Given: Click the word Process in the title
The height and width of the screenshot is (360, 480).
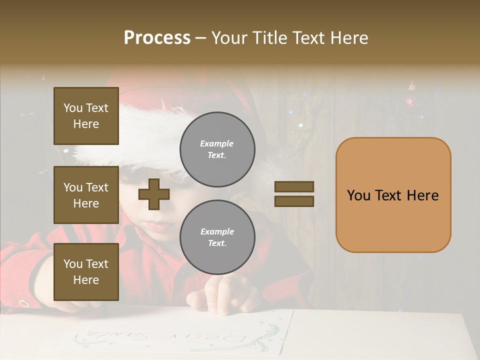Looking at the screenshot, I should [157, 38].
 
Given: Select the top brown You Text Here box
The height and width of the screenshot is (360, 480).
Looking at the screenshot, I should [86, 116].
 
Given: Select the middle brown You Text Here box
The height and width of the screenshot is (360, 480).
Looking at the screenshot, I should [86, 195].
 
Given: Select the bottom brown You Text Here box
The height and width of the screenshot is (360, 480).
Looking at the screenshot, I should [86, 271].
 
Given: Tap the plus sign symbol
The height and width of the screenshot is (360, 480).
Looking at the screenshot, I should [154, 194].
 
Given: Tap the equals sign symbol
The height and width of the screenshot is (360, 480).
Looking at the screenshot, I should [294, 194].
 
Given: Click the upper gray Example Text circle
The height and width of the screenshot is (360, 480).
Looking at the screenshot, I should [217, 149].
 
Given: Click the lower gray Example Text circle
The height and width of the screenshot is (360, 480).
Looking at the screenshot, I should [217, 237].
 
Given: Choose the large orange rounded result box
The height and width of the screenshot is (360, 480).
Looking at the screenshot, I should [393, 195].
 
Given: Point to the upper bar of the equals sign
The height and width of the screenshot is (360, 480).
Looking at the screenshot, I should [294, 186].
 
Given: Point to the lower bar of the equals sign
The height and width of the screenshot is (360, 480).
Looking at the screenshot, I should [294, 201].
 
